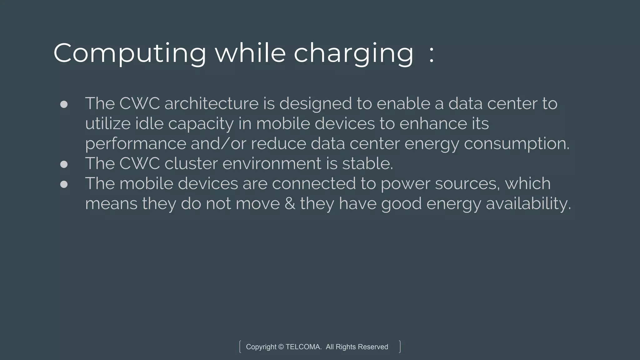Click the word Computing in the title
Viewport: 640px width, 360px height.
(130, 53)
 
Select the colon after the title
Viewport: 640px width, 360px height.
(432, 54)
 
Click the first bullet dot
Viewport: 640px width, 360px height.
(64, 104)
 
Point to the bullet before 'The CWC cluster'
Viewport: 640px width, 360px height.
(64, 164)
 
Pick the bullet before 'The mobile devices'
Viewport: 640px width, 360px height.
(64, 184)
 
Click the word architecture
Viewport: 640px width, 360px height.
(211, 103)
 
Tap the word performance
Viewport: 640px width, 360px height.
(136, 144)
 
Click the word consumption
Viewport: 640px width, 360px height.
(517, 144)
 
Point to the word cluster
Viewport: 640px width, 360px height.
(191, 163)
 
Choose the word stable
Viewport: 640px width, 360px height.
(367, 163)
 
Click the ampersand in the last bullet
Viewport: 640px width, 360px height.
(290, 204)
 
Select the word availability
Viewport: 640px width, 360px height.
(528, 204)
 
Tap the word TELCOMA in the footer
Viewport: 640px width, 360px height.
(303, 347)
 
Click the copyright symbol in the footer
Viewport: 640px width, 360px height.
(281, 347)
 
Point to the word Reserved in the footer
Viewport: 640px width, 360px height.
(373, 347)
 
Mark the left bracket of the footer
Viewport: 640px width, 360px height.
(240, 347)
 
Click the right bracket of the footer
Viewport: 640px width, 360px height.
(400, 347)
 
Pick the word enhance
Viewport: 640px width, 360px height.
(433, 123)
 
